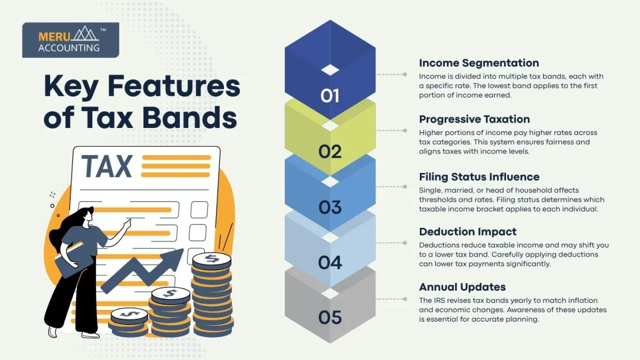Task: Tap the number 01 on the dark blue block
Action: (x=330, y=95)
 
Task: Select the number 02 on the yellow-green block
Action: (x=330, y=151)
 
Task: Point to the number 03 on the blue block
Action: (x=330, y=207)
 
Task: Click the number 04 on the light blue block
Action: (x=330, y=262)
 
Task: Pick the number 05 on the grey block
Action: (x=330, y=318)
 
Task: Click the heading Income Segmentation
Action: (x=479, y=63)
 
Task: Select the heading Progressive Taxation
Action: (x=474, y=119)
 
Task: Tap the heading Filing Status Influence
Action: (x=479, y=177)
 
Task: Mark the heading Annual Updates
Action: (x=462, y=287)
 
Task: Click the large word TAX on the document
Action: (x=107, y=166)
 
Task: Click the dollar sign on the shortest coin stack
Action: (x=129, y=314)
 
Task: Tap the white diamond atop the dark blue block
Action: (x=330, y=69)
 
